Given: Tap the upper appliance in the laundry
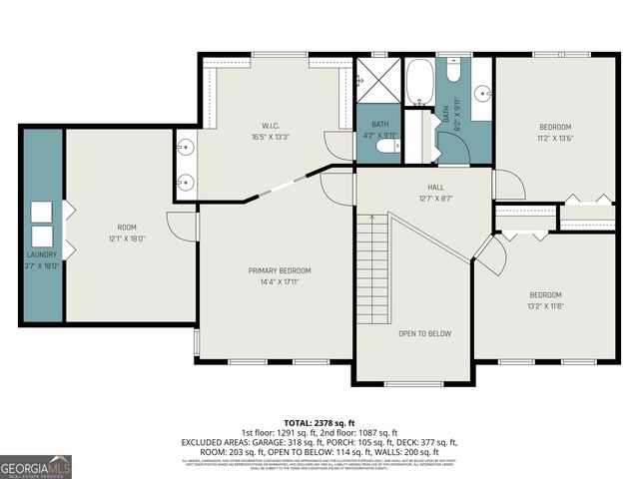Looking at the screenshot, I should click(x=41, y=212).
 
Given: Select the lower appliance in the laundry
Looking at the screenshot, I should click(x=41, y=237).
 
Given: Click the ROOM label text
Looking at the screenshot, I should click(x=126, y=227).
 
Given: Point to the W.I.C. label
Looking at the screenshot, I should click(x=262, y=126).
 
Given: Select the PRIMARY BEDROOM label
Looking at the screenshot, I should click(x=280, y=270).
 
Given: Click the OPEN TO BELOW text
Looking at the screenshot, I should click(x=425, y=333).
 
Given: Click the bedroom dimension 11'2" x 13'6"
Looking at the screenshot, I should click(x=556, y=139).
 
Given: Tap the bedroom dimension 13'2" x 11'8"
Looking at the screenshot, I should click(x=545, y=307).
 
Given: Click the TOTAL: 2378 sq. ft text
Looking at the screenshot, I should click(x=319, y=421).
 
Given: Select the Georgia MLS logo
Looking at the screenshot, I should click(x=36, y=466).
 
